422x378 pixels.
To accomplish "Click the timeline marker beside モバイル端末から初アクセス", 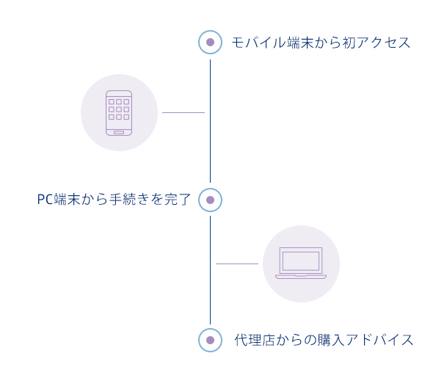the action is pos(210,43).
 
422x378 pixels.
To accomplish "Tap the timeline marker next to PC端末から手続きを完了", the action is pos(210,200).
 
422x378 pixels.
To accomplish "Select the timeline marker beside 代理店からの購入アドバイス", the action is pos(210,341).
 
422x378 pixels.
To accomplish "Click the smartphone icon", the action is pos(119,113).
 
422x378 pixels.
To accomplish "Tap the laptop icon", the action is pos(301,263).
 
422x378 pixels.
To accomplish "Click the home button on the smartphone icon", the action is pos(119,132).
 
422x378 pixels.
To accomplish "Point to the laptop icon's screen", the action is pos(301,261).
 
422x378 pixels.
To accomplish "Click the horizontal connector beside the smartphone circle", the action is pos(183,112).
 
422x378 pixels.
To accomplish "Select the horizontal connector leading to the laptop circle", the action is pos(237,263).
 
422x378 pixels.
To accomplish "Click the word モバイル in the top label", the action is pos(259,43).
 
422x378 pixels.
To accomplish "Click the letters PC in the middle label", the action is pos(45,200).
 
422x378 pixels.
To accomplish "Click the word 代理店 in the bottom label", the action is pos(255,340).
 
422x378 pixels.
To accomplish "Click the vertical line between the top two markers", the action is pos(210,121).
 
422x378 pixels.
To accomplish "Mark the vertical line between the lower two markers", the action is pos(210,270).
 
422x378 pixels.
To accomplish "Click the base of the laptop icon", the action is pos(301,277).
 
